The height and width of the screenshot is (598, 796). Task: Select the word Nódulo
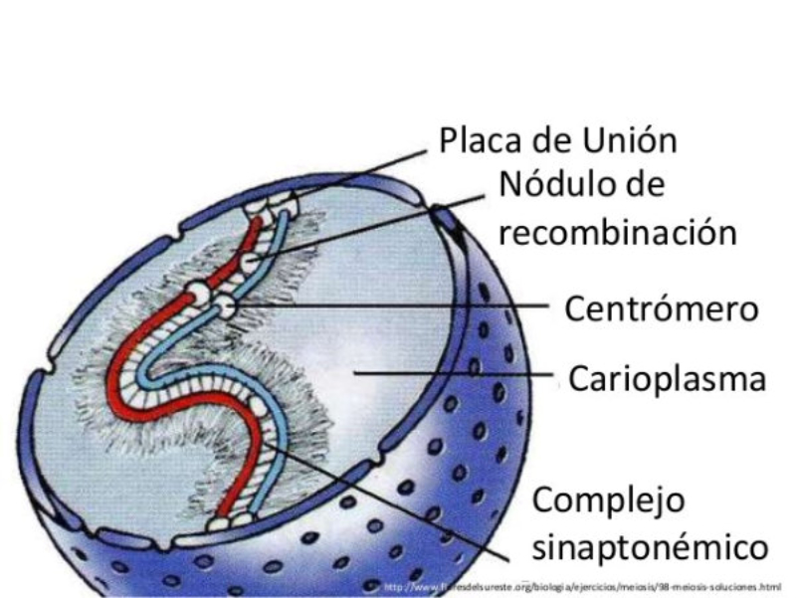(557, 185)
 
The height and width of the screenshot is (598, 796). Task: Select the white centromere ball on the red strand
(200, 295)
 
